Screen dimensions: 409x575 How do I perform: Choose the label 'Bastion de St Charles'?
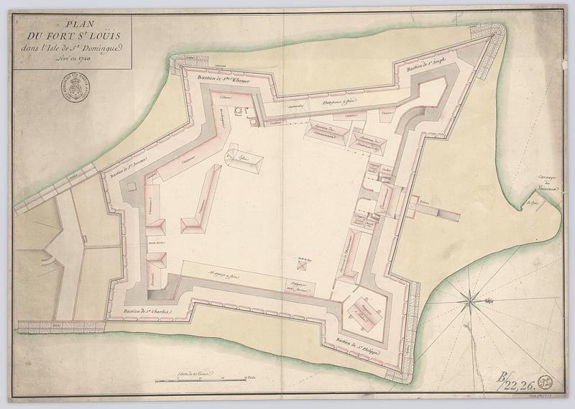[x=148, y=309]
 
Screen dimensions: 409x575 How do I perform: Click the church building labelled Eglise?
[x=244, y=159]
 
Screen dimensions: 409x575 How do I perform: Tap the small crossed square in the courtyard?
[x=304, y=265]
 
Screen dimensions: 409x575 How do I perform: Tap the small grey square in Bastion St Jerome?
[x=132, y=185]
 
